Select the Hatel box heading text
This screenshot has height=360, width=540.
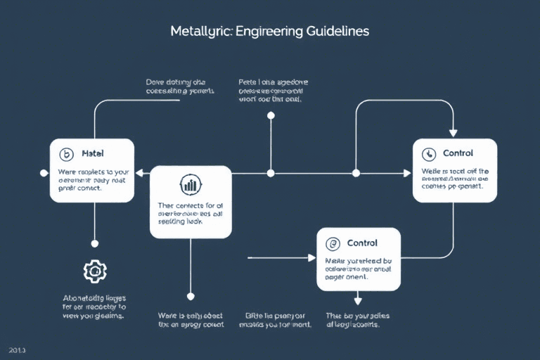tap(93, 153)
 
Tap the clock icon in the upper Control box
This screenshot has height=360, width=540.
tap(429, 154)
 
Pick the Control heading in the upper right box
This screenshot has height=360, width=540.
tap(458, 153)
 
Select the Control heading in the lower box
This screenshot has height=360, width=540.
tap(362, 243)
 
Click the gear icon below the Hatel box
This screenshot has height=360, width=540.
tap(94, 271)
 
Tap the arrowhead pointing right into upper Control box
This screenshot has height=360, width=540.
tap(407, 172)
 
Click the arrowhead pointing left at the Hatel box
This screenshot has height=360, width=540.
tap(139, 172)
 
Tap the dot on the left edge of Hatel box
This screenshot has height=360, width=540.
tap(44, 172)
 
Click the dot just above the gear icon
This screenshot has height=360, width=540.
tap(94, 243)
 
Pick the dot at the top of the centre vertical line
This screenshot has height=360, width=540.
tap(271, 115)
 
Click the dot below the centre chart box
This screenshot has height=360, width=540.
tap(190, 296)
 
